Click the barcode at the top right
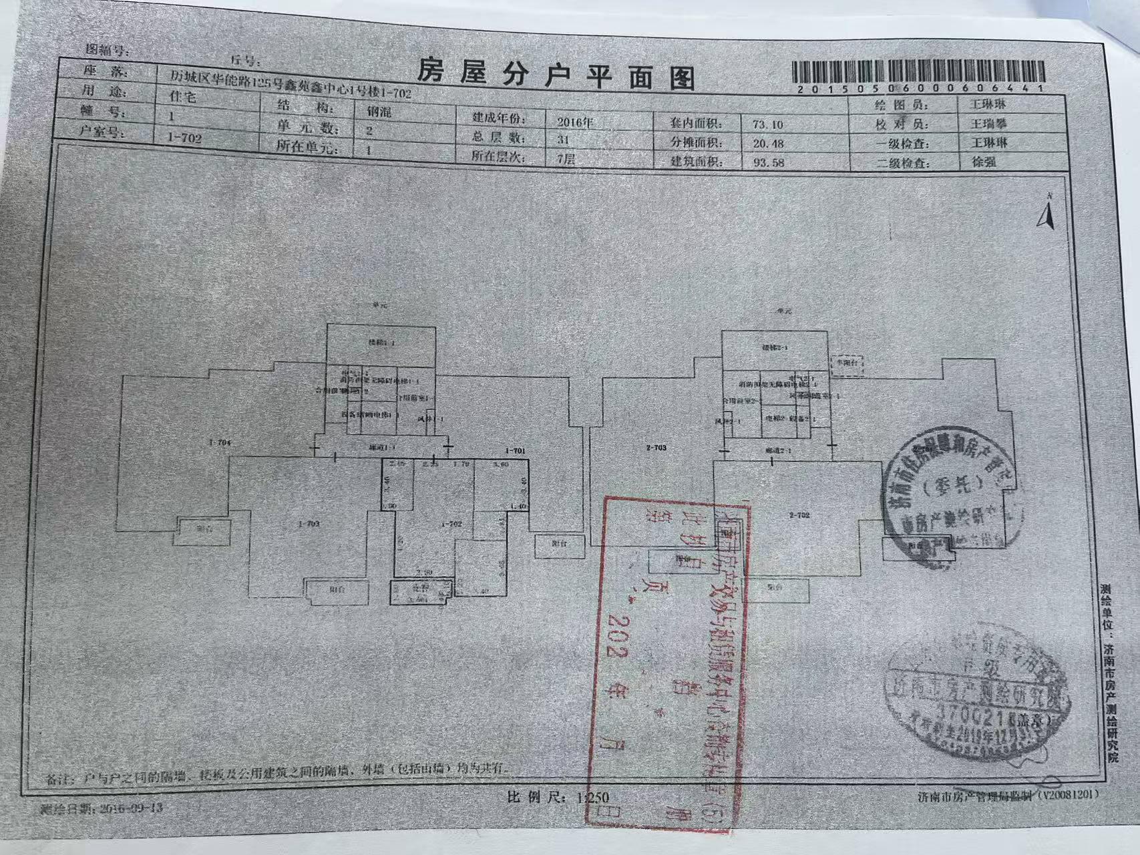point(918,74)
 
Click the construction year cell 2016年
point(575,122)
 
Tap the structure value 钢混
point(379,112)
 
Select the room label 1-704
point(220,442)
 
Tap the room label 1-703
point(309,524)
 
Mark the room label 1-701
point(516,451)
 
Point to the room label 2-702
point(799,515)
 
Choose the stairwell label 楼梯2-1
point(775,348)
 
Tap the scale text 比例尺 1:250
point(558,797)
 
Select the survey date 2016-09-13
point(130,808)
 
